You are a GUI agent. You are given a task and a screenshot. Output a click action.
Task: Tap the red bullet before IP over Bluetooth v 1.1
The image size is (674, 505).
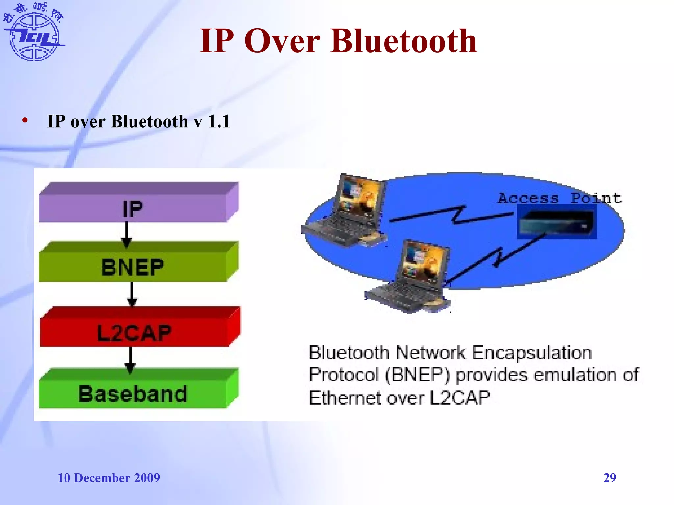25,121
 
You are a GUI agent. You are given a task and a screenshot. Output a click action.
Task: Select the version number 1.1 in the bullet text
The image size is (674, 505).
219,121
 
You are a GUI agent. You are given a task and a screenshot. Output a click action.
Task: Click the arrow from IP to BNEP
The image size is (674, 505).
127,234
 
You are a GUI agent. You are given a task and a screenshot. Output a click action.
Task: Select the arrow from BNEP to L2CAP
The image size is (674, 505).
132,294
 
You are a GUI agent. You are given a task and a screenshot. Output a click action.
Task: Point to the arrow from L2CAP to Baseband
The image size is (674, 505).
131,359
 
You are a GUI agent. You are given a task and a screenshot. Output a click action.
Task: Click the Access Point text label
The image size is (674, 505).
559,198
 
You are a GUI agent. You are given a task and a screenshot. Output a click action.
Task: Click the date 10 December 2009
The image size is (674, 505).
109,478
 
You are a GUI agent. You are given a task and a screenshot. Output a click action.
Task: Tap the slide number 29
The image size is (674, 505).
609,477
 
